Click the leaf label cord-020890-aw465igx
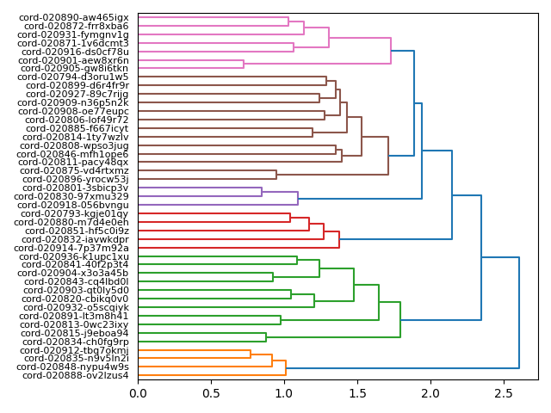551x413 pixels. pos(74,17)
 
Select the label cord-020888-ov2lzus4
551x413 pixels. pos(74,375)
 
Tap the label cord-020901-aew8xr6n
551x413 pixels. pos(75,60)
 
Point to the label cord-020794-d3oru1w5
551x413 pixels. pos(74,77)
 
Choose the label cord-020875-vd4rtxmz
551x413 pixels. pos(74,170)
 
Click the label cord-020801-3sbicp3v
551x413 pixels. pos(74,188)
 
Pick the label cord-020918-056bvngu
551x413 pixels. pos(74,205)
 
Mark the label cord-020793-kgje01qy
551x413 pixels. pos(74,213)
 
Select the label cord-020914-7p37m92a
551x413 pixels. pos(74,248)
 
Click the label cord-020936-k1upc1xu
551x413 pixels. pos(74,256)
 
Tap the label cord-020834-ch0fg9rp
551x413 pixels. pos(75,342)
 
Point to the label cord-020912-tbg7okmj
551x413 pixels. pos(75,350)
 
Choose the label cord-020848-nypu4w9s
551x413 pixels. pos(74,367)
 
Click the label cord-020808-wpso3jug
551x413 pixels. pos(74,145)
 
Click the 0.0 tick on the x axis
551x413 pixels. pos(138,393)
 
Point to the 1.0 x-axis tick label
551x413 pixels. pos(284,393)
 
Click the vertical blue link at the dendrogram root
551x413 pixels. pos(519,312)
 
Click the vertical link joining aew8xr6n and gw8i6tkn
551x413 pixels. pos(244,64)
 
